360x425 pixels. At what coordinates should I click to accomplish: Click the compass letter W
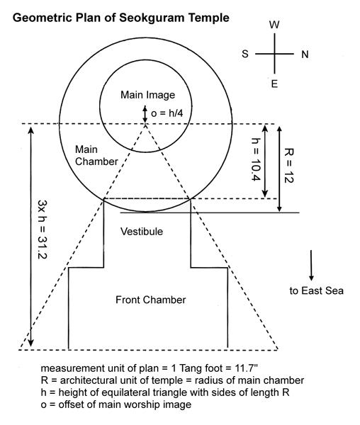click(x=274, y=25)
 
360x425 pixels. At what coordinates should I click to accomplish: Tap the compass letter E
click(x=274, y=84)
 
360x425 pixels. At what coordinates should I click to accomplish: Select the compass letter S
click(x=245, y=54)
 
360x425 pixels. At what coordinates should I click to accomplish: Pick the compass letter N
click(x=305, y=55)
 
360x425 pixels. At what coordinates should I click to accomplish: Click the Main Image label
click(x=147, y=95)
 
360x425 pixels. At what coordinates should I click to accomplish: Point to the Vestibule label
click(x=142, y=232)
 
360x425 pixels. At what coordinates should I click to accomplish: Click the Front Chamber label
click(x=151, y=300)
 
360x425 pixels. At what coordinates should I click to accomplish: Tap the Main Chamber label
click(x=96, y=155)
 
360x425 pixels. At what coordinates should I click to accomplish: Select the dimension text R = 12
click(x=288, y=165)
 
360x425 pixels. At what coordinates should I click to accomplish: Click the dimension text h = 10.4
click(x=256, y=159)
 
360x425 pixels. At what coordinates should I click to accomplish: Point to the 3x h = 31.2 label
click(x=43, y=229)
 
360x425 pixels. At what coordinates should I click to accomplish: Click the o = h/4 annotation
click(x=167, y=113)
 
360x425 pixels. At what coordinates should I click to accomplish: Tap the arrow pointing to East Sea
click(x=311, y=265)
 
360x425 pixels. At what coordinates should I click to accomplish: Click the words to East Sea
click(x=316, y=290)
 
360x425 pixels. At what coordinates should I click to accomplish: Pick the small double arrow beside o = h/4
click(x=145, y=114)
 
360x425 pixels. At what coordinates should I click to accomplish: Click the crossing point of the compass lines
click(x=274, y=54)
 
